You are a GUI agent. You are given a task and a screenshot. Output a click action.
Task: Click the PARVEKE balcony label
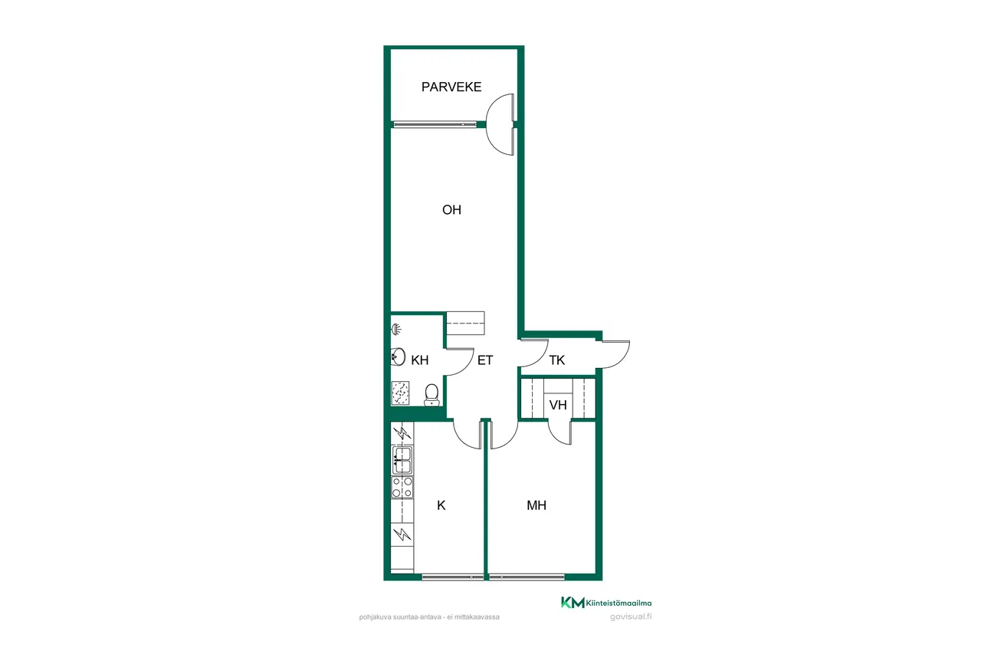pos(451,87)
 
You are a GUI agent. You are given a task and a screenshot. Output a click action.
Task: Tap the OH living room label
pos(451,210)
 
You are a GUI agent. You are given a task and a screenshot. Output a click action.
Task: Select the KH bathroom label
pos(419,360)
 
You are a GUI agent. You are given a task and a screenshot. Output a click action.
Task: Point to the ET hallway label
pos(485,360)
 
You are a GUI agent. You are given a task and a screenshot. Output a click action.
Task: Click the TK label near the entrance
pos(556,360)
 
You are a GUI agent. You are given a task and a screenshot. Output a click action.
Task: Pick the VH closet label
pos(558,405)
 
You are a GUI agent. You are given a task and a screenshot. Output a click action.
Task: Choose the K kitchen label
pos(441,505)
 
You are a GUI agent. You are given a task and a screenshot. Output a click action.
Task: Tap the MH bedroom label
pos(536,505)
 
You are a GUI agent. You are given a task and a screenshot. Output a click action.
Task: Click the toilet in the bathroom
pos(431,395)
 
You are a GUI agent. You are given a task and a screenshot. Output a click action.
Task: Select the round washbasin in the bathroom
pos(398,357)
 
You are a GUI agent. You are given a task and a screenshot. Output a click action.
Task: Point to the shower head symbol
pos(396,329)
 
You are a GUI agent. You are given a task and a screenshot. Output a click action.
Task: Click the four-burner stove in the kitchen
pos(402,487)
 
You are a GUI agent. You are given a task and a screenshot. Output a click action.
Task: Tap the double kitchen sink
pos(402,460)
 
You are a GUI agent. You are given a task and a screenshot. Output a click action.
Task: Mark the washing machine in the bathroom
pos(400,393)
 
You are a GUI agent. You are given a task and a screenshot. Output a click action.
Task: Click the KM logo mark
pos(573,603)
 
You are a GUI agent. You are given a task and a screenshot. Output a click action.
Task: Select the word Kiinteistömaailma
pos(618,603)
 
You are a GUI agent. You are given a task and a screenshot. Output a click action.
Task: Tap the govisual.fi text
pos(631,616)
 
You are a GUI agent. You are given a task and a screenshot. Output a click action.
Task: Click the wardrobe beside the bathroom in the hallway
pos(465,324)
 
